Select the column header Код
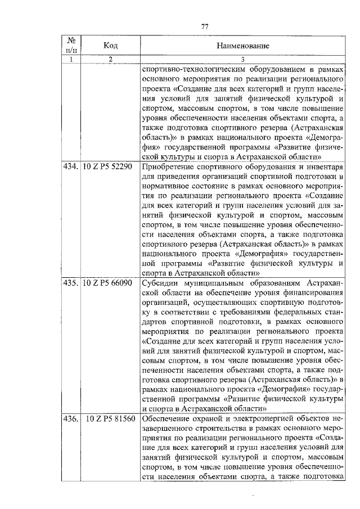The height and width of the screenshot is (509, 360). [110, 45]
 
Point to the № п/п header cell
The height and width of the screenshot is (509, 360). [71, 44]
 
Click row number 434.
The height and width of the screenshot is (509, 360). [71, 167]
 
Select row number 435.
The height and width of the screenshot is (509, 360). [71, 282]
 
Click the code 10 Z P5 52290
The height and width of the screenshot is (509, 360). [110, 167]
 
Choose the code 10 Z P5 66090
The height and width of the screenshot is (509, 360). [110, 282]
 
